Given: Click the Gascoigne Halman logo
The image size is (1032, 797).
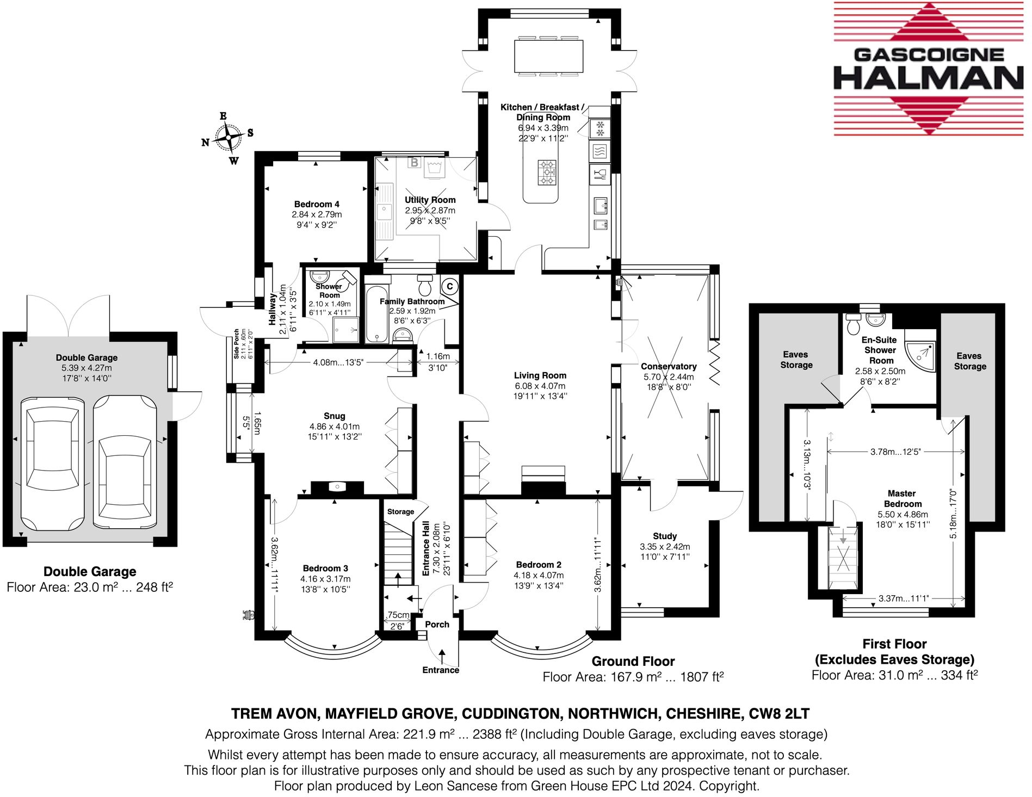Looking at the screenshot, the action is pos(928,69).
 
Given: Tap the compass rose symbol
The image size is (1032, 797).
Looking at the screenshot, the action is pos(228,138).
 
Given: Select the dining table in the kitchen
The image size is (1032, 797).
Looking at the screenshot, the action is pos(548,56).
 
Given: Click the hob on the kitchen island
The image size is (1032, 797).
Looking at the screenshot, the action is pos(547,172).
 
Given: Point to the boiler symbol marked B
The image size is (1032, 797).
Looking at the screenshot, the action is pos(415,162).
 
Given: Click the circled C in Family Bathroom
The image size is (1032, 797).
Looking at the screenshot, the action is pos(449,286).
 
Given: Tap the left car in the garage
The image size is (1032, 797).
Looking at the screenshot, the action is pos(53,464).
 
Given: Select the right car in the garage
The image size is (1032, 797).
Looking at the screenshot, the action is pos(125,462).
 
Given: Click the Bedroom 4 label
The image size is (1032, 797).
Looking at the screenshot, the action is pos(317,204).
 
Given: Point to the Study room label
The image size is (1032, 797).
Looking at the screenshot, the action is pos(665,536).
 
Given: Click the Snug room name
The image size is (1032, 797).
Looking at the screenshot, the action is pos(335,416).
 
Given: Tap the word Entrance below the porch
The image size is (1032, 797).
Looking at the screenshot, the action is pos(441,670).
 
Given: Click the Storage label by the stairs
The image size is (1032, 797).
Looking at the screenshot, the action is pos(400,512).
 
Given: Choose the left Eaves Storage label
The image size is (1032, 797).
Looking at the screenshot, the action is pos(796,360).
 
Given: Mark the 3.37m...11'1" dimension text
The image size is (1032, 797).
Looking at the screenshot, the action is pos(904,598).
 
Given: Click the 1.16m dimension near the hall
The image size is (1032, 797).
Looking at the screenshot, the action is pos(438,356).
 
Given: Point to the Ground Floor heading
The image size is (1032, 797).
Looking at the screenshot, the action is pos(633,662).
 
